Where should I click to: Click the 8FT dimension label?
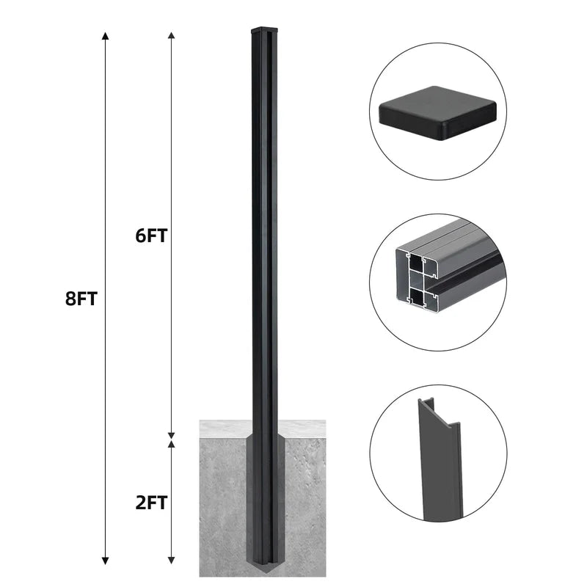pyautogui.click(x=81, y=299)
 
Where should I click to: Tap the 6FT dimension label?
pyautogui.click(x=151, y=236)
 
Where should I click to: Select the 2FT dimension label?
pyautogui.click(x=151, y=503)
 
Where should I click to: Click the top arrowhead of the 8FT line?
pyautogui.click(x=106, y=36)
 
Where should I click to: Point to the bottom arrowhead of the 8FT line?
pyautogui.click(x=106, y=561)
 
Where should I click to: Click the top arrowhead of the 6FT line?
pyautogui.click(x=171, y=36)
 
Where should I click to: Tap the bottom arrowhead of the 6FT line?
pyautogui.click(x=171, y=435)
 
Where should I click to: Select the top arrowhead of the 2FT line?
pyautogui.click(x=171, y=444)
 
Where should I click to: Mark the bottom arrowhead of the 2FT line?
pyautogui.click(x=171, y=561)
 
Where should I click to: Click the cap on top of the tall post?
pyautogui.click(x=265, y=30)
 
